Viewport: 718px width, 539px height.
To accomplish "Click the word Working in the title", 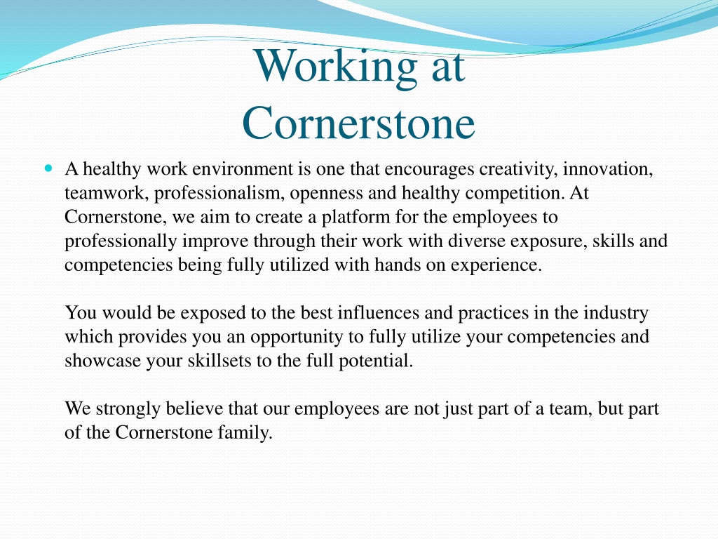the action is point(336,67).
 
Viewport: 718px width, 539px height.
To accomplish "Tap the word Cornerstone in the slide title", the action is point(358,123).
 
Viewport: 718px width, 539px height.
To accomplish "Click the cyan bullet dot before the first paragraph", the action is point(49,168).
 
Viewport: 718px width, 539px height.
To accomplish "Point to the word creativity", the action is point(518,170).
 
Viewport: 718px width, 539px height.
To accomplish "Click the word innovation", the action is point(608,170).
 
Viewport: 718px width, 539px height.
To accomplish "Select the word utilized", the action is point(299,265).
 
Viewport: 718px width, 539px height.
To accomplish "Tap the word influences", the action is point(378,313).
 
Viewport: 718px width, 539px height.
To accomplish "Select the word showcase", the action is point(102,361).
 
